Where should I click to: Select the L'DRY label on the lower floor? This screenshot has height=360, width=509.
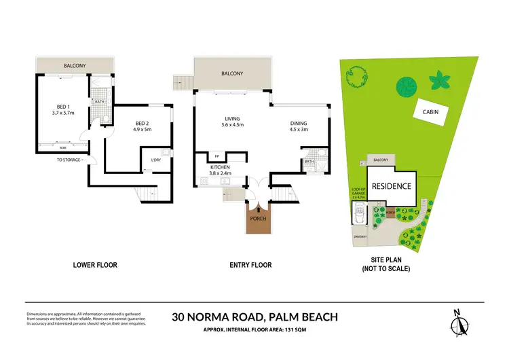156,160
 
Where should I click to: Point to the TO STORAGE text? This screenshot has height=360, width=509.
69,160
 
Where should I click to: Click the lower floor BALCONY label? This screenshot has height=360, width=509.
75,66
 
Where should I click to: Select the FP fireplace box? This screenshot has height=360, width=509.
216,156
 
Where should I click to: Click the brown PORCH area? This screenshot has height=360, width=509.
257,219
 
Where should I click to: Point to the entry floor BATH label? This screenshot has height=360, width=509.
308,161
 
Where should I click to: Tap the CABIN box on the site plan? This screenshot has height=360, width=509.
429,112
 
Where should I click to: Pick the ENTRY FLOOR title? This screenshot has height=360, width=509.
252,265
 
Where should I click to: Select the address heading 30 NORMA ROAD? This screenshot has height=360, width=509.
219,316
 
